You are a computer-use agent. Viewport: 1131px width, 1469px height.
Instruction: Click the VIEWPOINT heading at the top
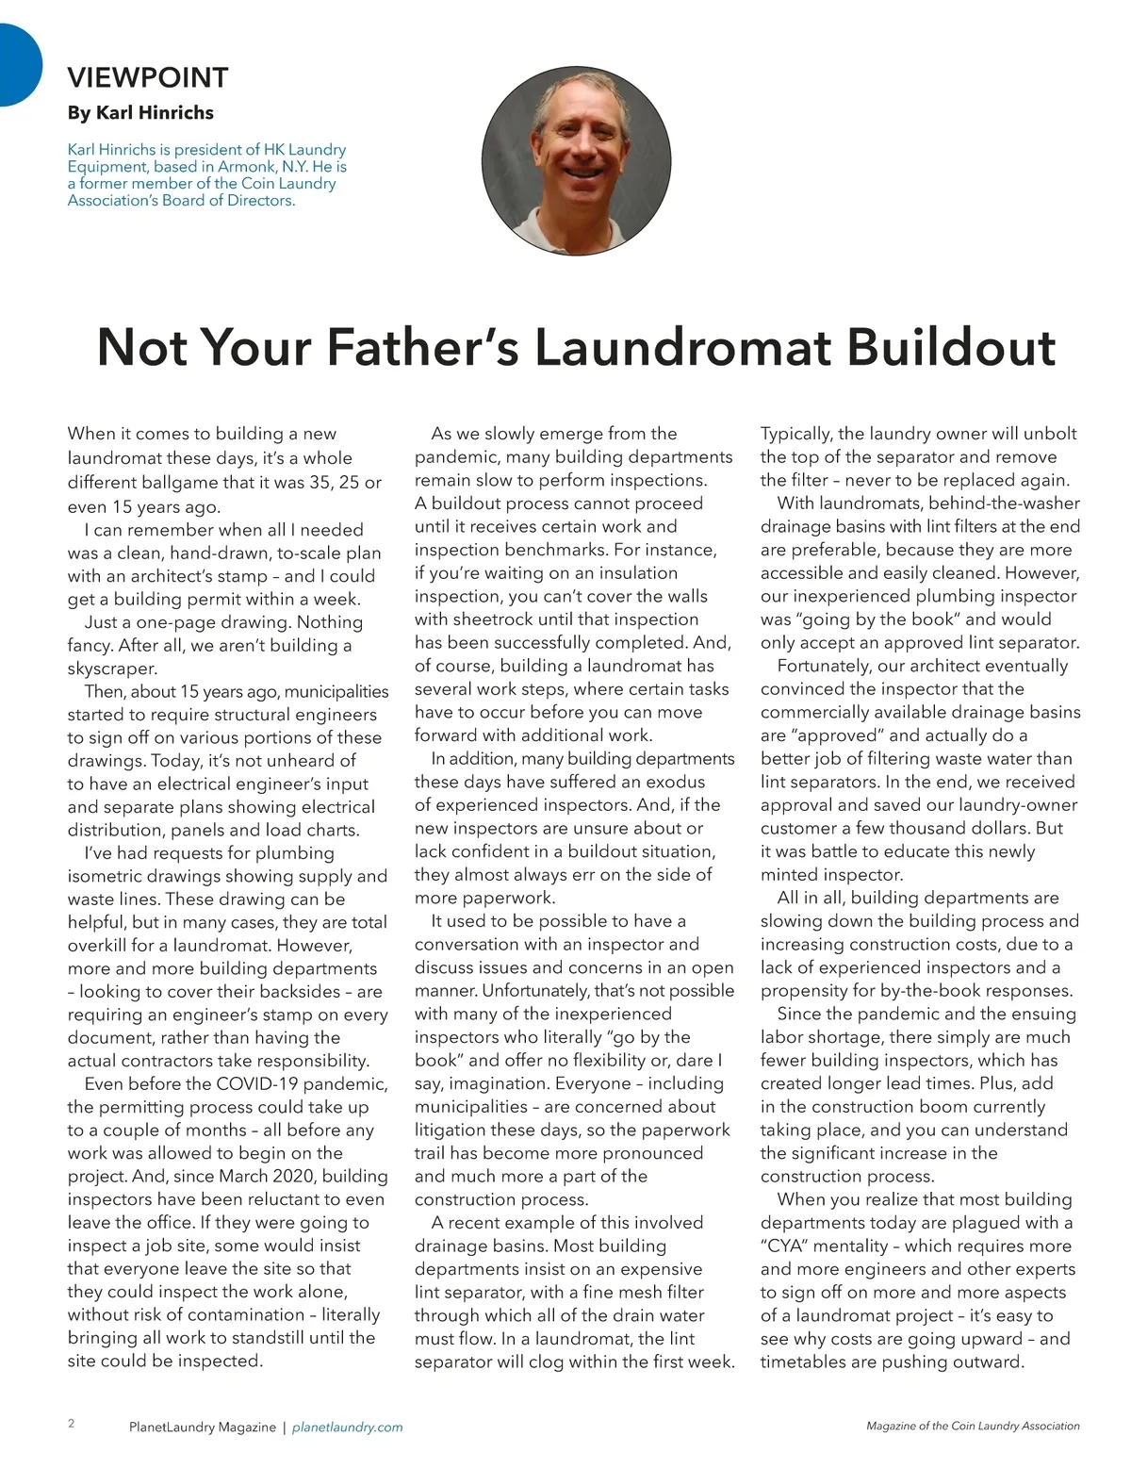click(x=148, y=77)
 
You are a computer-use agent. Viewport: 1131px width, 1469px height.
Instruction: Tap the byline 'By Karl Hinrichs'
click(x=140, y=112)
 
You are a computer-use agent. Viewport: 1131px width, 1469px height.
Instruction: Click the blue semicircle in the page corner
click(x=17, y=64)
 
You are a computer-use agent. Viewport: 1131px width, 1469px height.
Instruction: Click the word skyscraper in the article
click(x=112, y=668)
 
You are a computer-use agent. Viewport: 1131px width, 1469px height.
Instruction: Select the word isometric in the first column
click(x=107, y=876)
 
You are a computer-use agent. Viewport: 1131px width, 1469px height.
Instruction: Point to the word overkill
click(x=100, y=945)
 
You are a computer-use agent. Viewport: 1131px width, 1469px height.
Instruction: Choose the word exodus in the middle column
click(x=674, y=782)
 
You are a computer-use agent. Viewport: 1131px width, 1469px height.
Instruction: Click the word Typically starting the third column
click(x=795, y=434)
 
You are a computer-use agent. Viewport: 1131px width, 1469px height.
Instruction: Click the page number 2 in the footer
click(x=72, y=1424)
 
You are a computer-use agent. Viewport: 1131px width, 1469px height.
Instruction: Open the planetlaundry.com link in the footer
click(x=348, y=1428)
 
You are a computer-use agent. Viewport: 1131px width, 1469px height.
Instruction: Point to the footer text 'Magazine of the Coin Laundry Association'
click(x=973, y=1427)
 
